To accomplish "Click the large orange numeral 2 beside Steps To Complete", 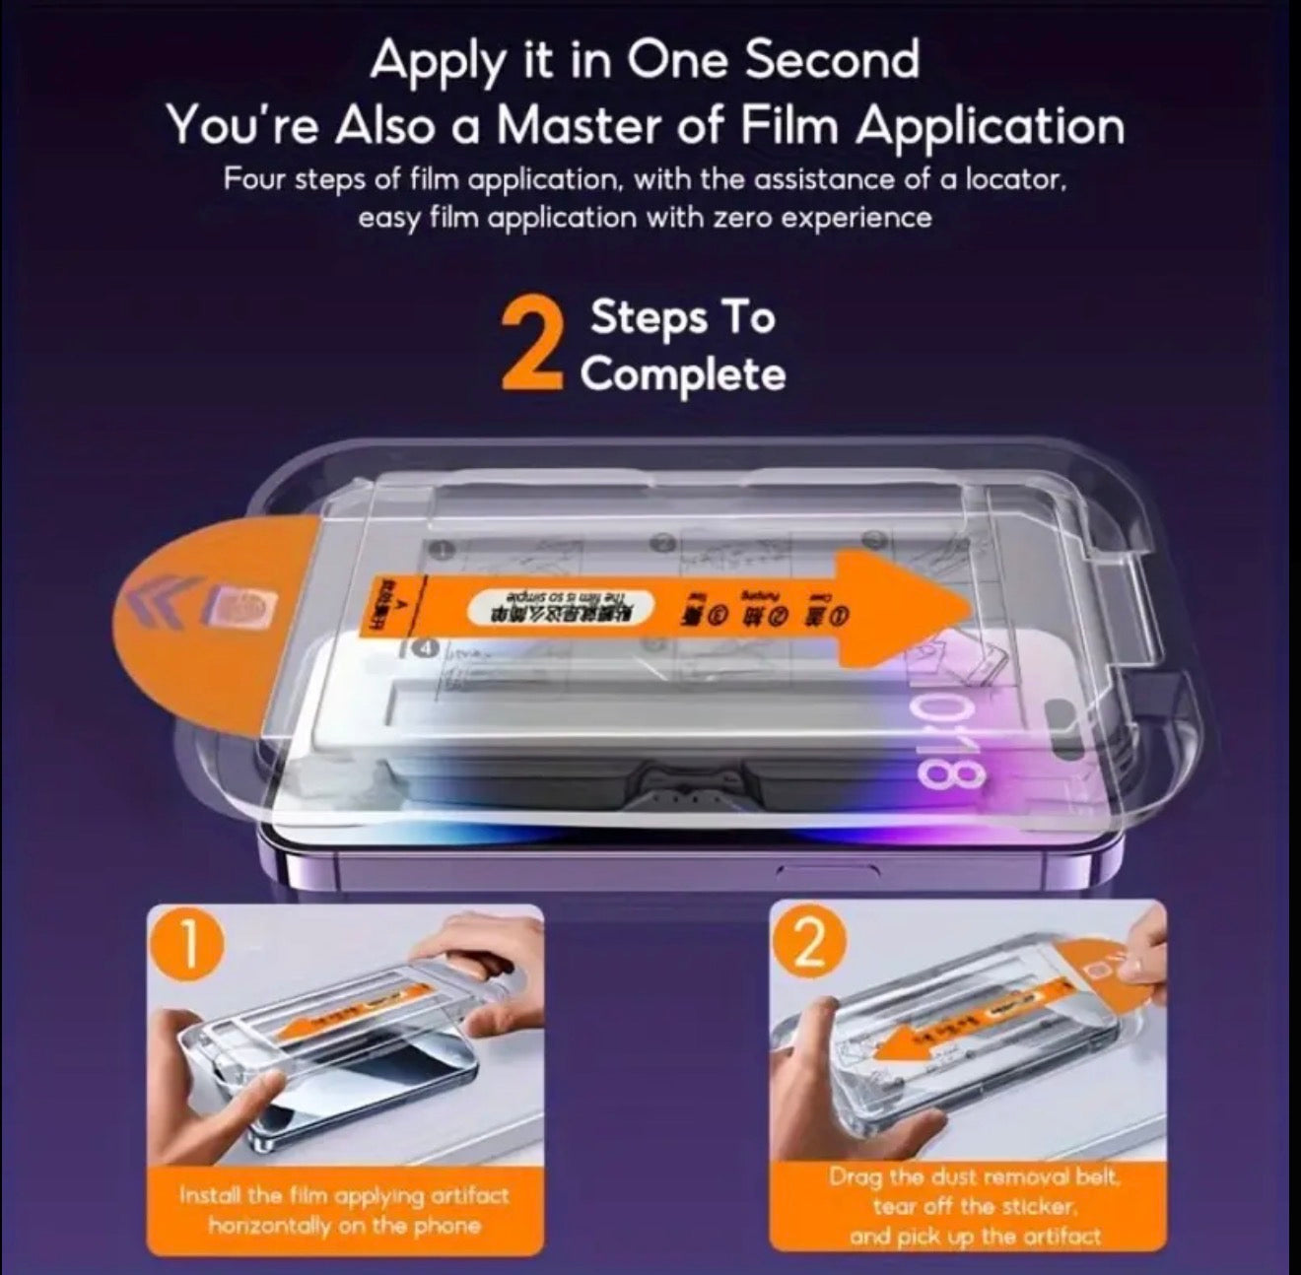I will (x=532, y=347).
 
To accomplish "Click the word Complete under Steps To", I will (x=682, y=375).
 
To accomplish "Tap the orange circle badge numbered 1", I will (x=194, y=947).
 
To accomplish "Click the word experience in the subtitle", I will (x=857, y=218).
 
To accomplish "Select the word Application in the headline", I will (x=989, y=127).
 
